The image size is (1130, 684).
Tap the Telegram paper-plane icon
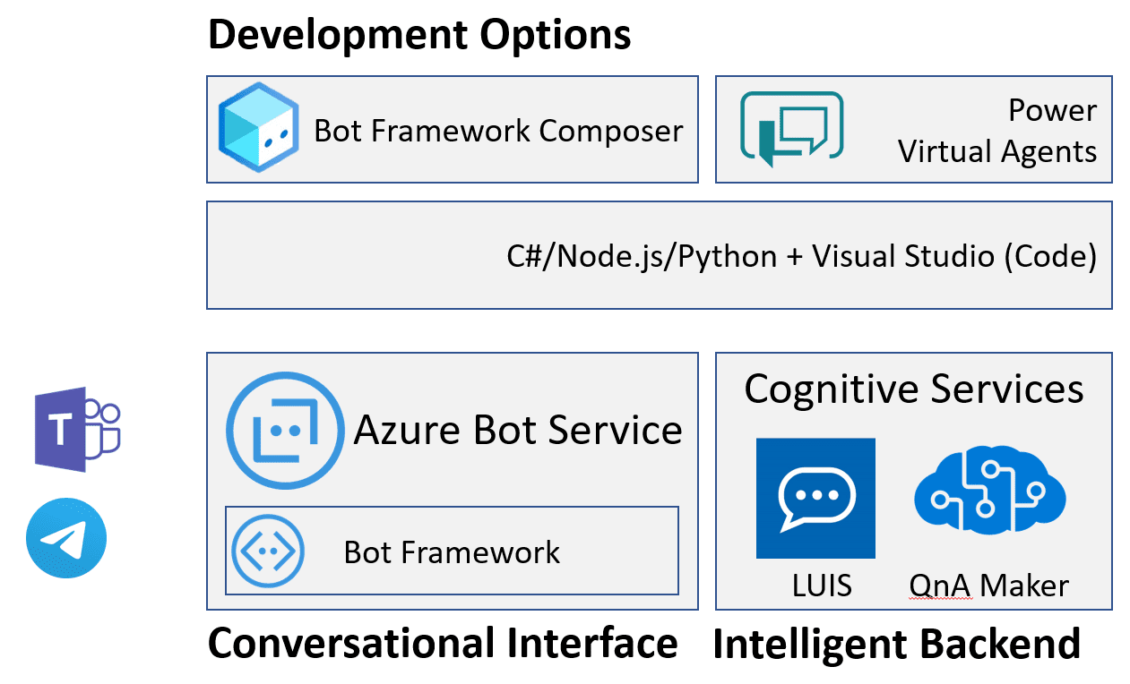[x=66, y=538]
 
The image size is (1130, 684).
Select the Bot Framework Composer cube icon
[x=258, y=128]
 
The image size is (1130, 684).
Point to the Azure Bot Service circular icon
[x=285, y=431]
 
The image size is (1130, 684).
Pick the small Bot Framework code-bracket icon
[x=267, y=551]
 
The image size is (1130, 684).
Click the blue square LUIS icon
[x=815, y=498]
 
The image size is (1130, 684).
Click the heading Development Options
[x=419, y=34]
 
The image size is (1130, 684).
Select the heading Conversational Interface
[x=443, y=643]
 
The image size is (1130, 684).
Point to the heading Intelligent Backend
[x=896, y=644]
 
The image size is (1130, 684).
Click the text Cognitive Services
[x=913, y=389]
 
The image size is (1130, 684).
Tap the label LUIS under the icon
[x=821, y=586]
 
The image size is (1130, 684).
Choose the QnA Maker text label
[x=988, y=586]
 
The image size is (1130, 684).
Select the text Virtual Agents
[x=996, y=151]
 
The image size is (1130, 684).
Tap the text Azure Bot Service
[x=518, y=430]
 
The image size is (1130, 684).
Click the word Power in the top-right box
[x=1052, y=110]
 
